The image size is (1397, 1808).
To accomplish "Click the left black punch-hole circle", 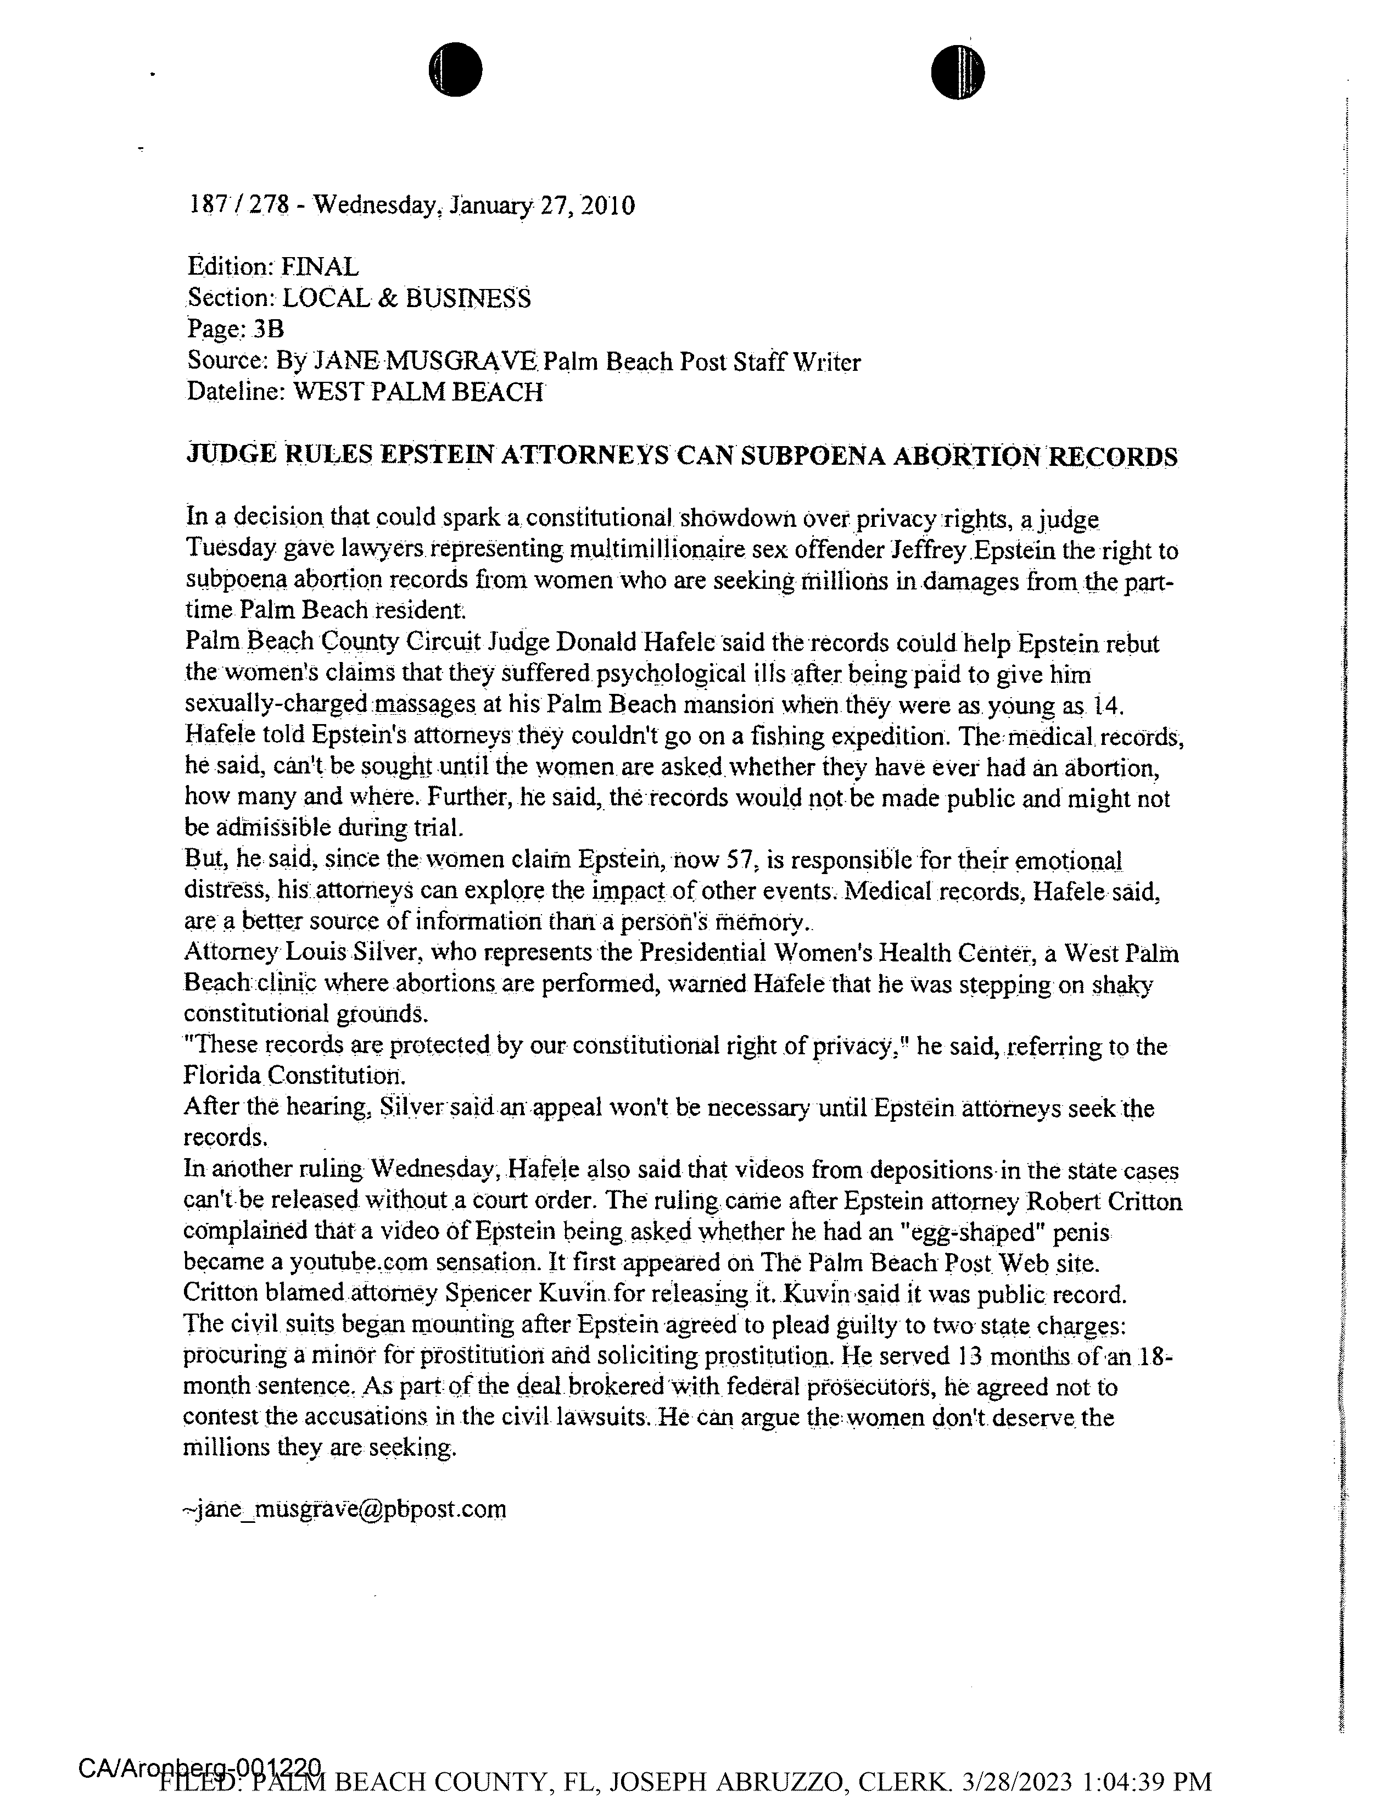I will point(455,70).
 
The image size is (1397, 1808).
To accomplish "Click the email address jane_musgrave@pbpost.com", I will point(345,1509).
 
